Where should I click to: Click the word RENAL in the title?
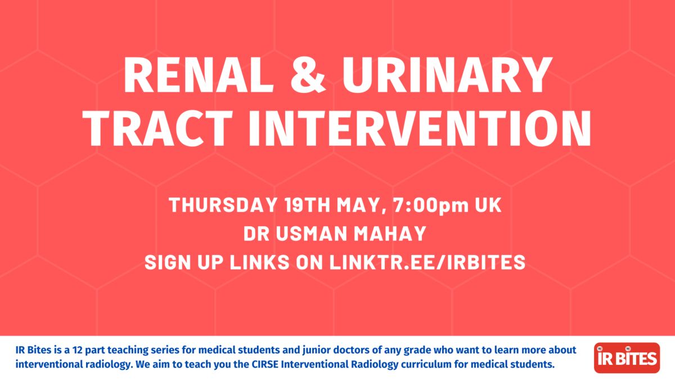click(198, 75)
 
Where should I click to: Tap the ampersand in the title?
click(308, 75)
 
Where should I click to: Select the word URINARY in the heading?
click(447, 75)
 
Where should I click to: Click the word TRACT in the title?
click(157, 128)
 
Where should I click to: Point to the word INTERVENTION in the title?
click(420, 128)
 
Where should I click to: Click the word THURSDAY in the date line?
click(223, 205)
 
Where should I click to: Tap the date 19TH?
click(307, 205)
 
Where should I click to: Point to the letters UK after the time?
click(488, 205)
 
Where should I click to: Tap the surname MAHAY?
click(390, 234)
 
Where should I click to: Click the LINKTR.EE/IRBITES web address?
click(427, 262)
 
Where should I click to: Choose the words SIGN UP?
click(184, 262)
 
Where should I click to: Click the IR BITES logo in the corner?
click(627, 358)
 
